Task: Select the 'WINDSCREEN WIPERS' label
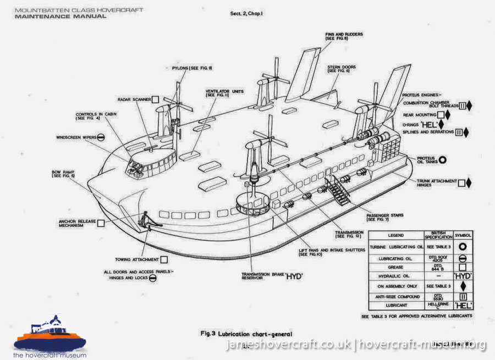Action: (76, 137)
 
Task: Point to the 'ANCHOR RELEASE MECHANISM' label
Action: (75, 224)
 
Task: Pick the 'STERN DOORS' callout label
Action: (340, 69)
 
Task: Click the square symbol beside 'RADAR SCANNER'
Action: (156, 99)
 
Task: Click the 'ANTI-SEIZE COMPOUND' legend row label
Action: (391, 296)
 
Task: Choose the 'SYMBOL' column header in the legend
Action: (465, 235)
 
